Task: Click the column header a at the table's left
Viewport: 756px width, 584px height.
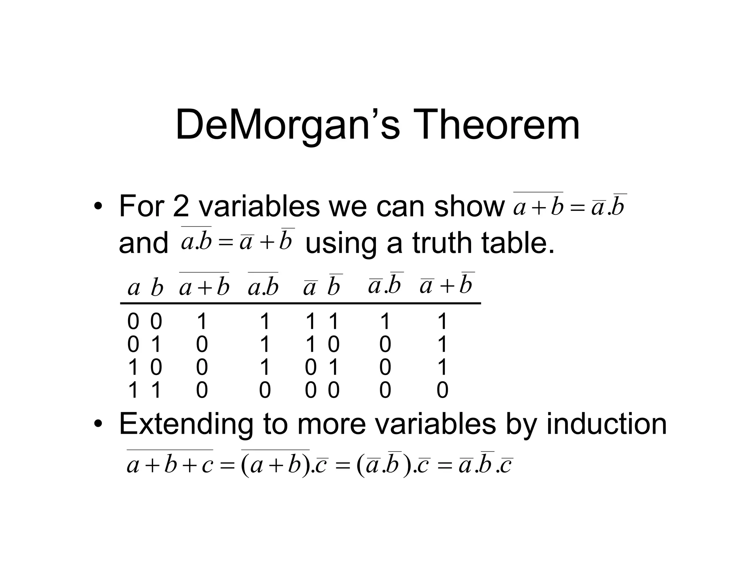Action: [x=134, y=288]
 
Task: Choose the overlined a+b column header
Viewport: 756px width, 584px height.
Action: [x=204, y=286]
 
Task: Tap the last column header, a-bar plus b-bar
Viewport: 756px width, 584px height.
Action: [x=447, y=285]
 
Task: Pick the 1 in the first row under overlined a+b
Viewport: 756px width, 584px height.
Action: [x=202, y=321]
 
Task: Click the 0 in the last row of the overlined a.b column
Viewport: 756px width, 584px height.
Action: [x=265, y=390]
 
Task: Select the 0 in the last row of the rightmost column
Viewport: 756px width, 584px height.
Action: [x=442, y=390]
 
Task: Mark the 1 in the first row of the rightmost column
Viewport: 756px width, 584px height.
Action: [x=442, y=321]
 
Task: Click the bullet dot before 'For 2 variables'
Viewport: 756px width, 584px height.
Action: [x=97, y=207]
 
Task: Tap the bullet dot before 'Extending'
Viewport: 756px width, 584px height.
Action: [x=97, y=425]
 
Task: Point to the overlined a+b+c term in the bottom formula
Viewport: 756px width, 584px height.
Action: [x=170, y=464]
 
